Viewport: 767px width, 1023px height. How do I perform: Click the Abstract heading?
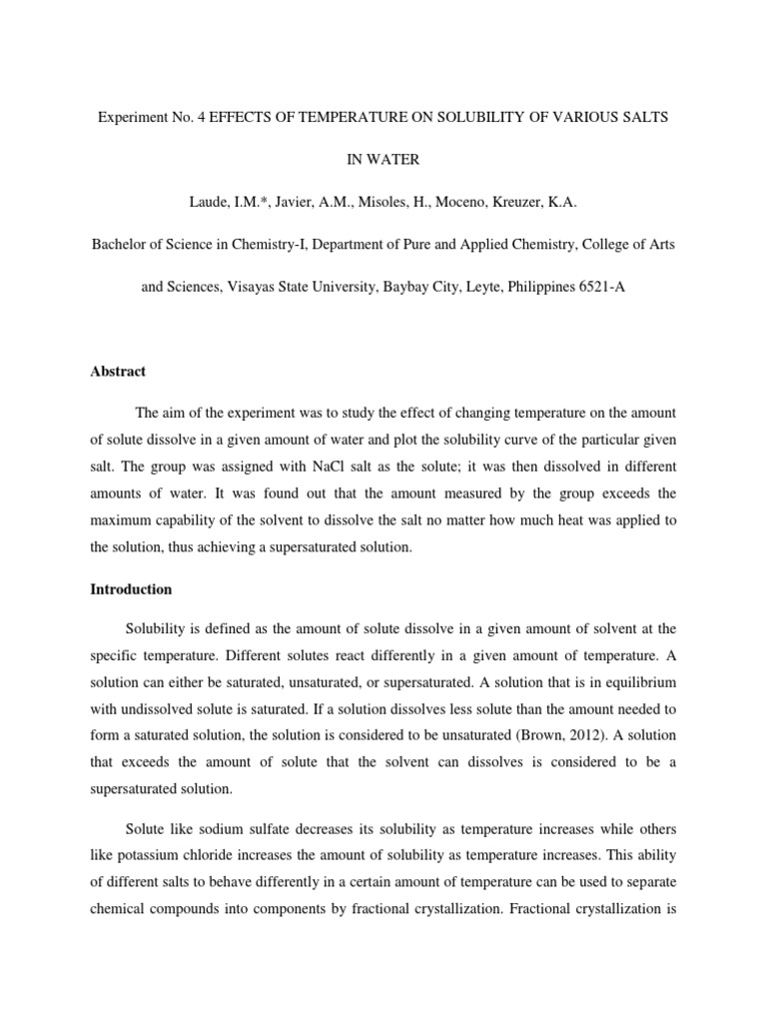pyautogui.click(x=117, y=372)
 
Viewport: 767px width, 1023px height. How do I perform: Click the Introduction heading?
pyautogui.click(x=130, y=589)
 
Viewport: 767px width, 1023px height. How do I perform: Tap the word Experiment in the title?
pyautogui.click(x=131, y=117)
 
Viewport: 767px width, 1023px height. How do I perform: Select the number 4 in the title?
pyautogui.click(x=200, y=117)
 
